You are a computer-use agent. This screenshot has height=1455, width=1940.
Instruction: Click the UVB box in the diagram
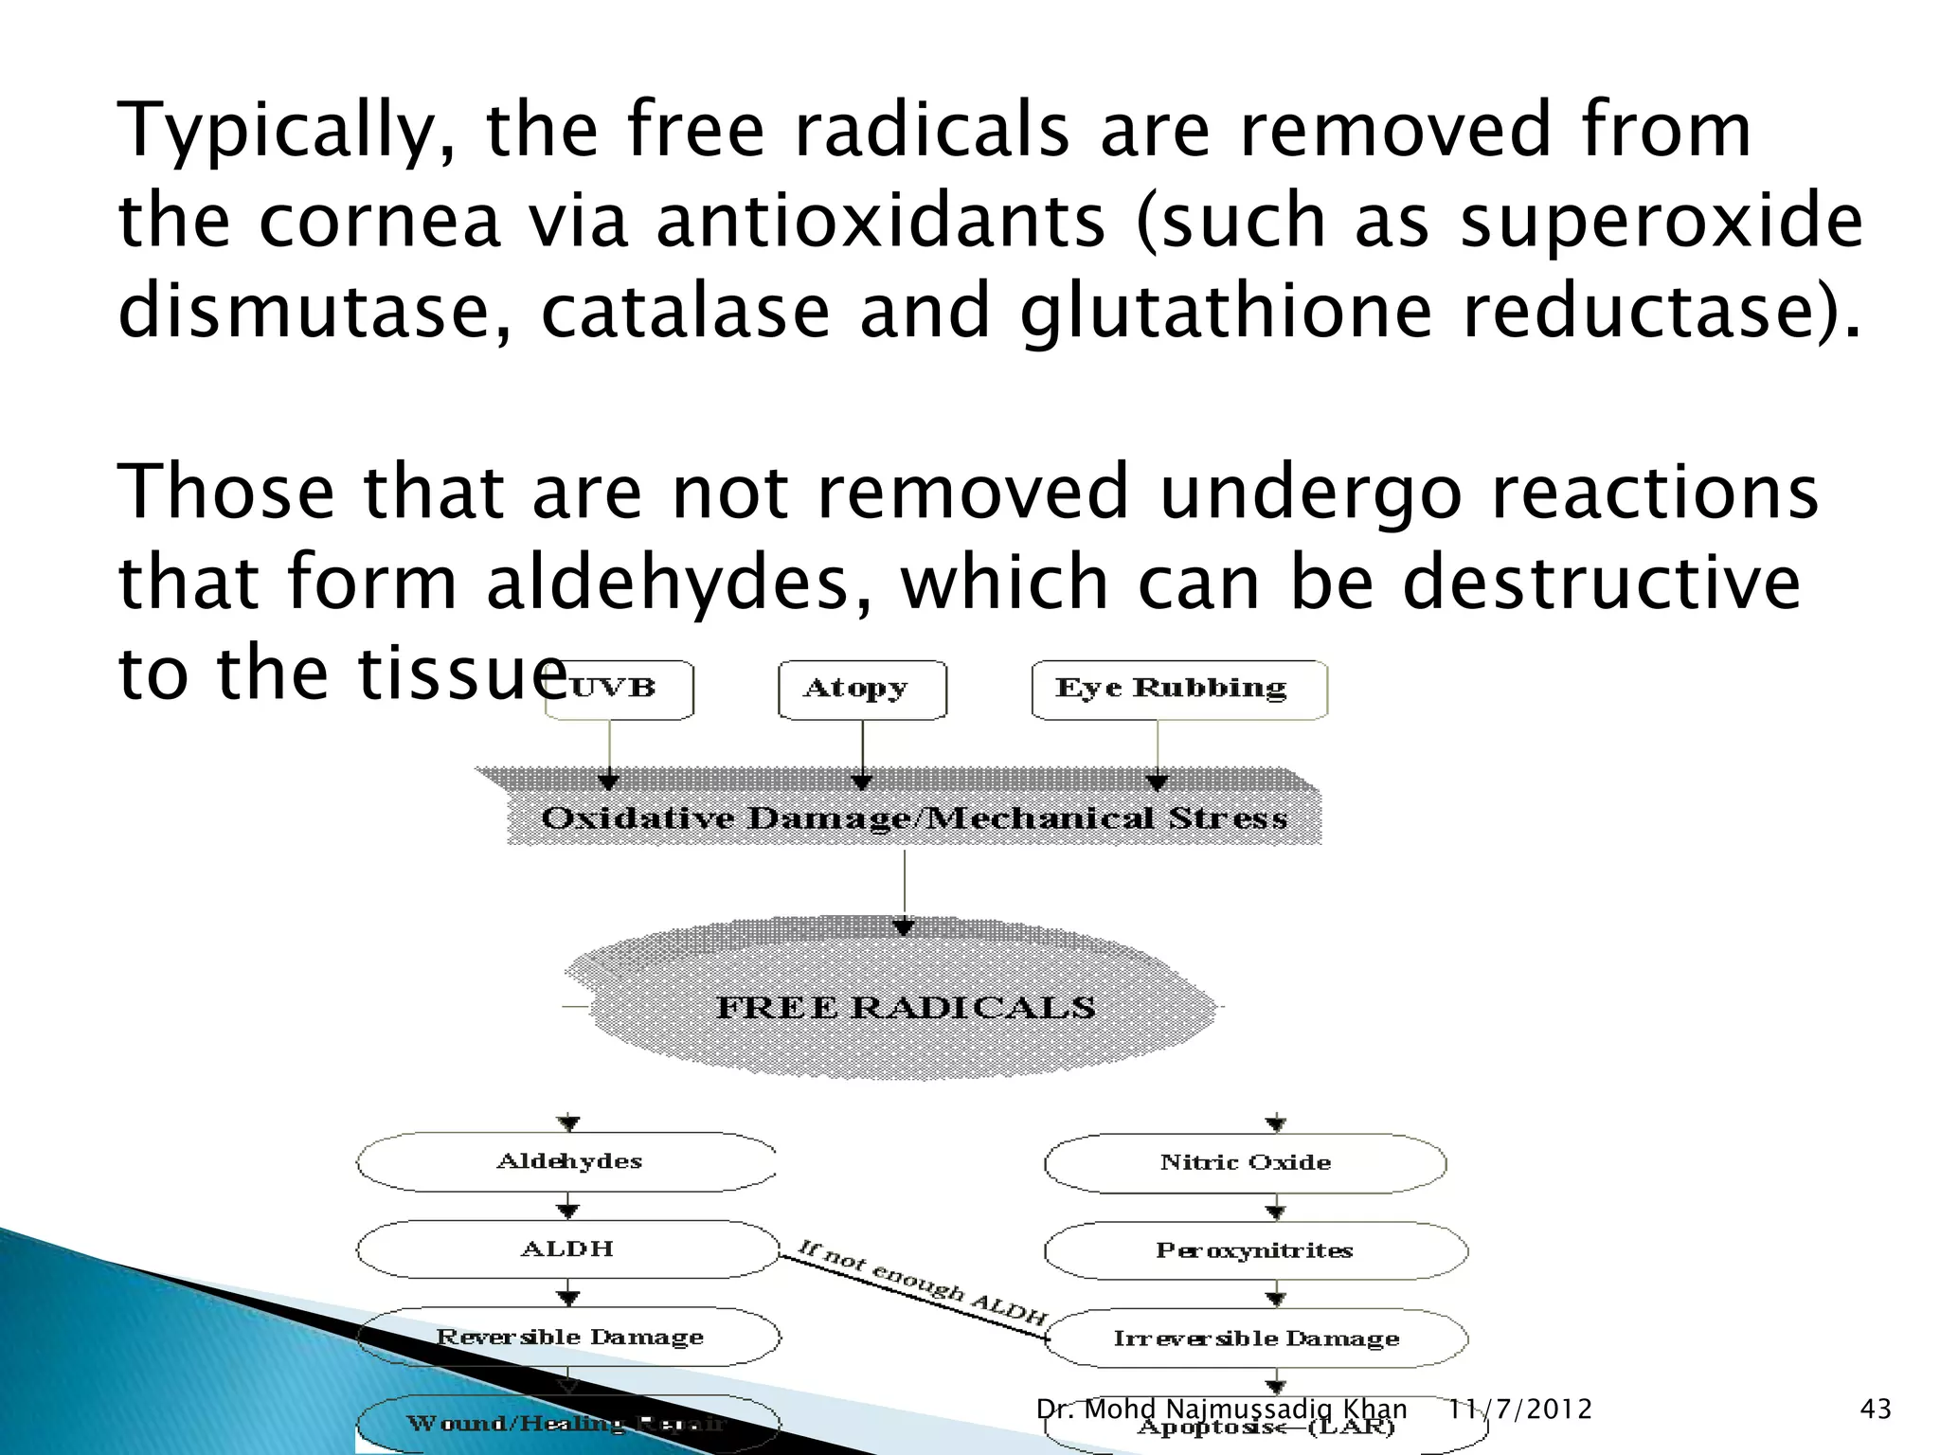pos(620,690)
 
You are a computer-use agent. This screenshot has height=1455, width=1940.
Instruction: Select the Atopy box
pos(861,690)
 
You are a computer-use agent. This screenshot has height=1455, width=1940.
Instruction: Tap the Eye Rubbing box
pos(1178,690)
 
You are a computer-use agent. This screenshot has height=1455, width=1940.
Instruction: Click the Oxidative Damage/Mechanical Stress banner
pos(913,817)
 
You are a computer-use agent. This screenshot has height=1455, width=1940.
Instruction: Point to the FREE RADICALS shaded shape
pos(905,1006)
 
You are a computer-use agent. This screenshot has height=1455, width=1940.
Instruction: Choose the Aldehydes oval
pos(568,1161)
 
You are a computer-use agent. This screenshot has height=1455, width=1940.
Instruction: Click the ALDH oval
pos(568,1249)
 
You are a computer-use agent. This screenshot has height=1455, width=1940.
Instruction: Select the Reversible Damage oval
pos(568,1337)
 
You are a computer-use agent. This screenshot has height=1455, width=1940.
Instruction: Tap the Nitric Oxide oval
pos(1245,1162)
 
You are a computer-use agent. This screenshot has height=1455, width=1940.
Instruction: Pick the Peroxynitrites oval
pos(1254,1250)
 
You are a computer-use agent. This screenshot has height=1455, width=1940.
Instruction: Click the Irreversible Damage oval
pos(1256,1338)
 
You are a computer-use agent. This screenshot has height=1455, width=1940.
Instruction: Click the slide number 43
pos(1876,1410)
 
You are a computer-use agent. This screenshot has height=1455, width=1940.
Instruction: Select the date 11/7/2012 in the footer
pos(1519,1410)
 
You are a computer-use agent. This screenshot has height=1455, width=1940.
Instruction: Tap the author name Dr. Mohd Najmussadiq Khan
pos(1221,1410)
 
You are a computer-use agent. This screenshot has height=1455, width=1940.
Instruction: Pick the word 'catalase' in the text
pos(685,312)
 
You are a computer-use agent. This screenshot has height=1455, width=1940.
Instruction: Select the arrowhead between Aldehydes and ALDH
pos(568,1211)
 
